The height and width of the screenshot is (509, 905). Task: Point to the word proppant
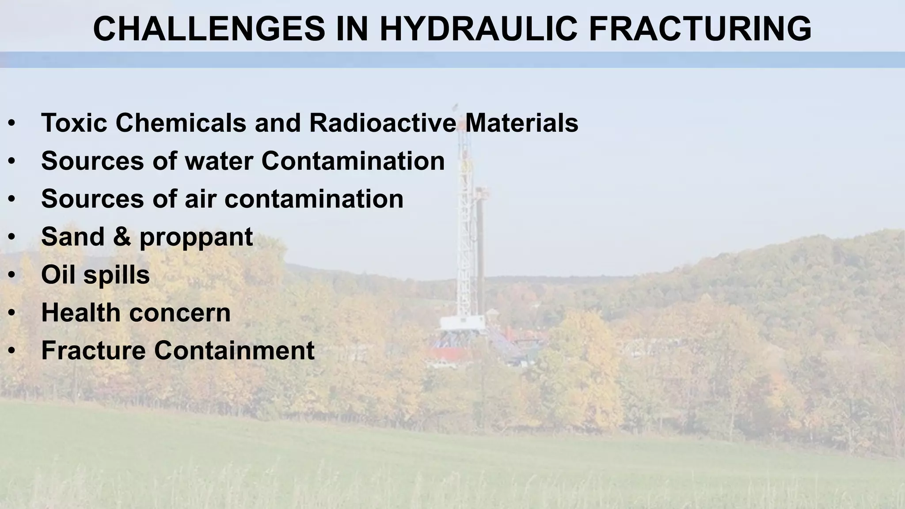(x=196, y=237)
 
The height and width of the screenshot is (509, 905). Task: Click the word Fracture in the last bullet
(x=93, y=350)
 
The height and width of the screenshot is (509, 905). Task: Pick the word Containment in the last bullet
(x=234, y=350)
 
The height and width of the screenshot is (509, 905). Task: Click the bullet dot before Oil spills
(x=12, y=275)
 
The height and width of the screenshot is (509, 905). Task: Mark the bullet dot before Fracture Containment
(x=12, y=351)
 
